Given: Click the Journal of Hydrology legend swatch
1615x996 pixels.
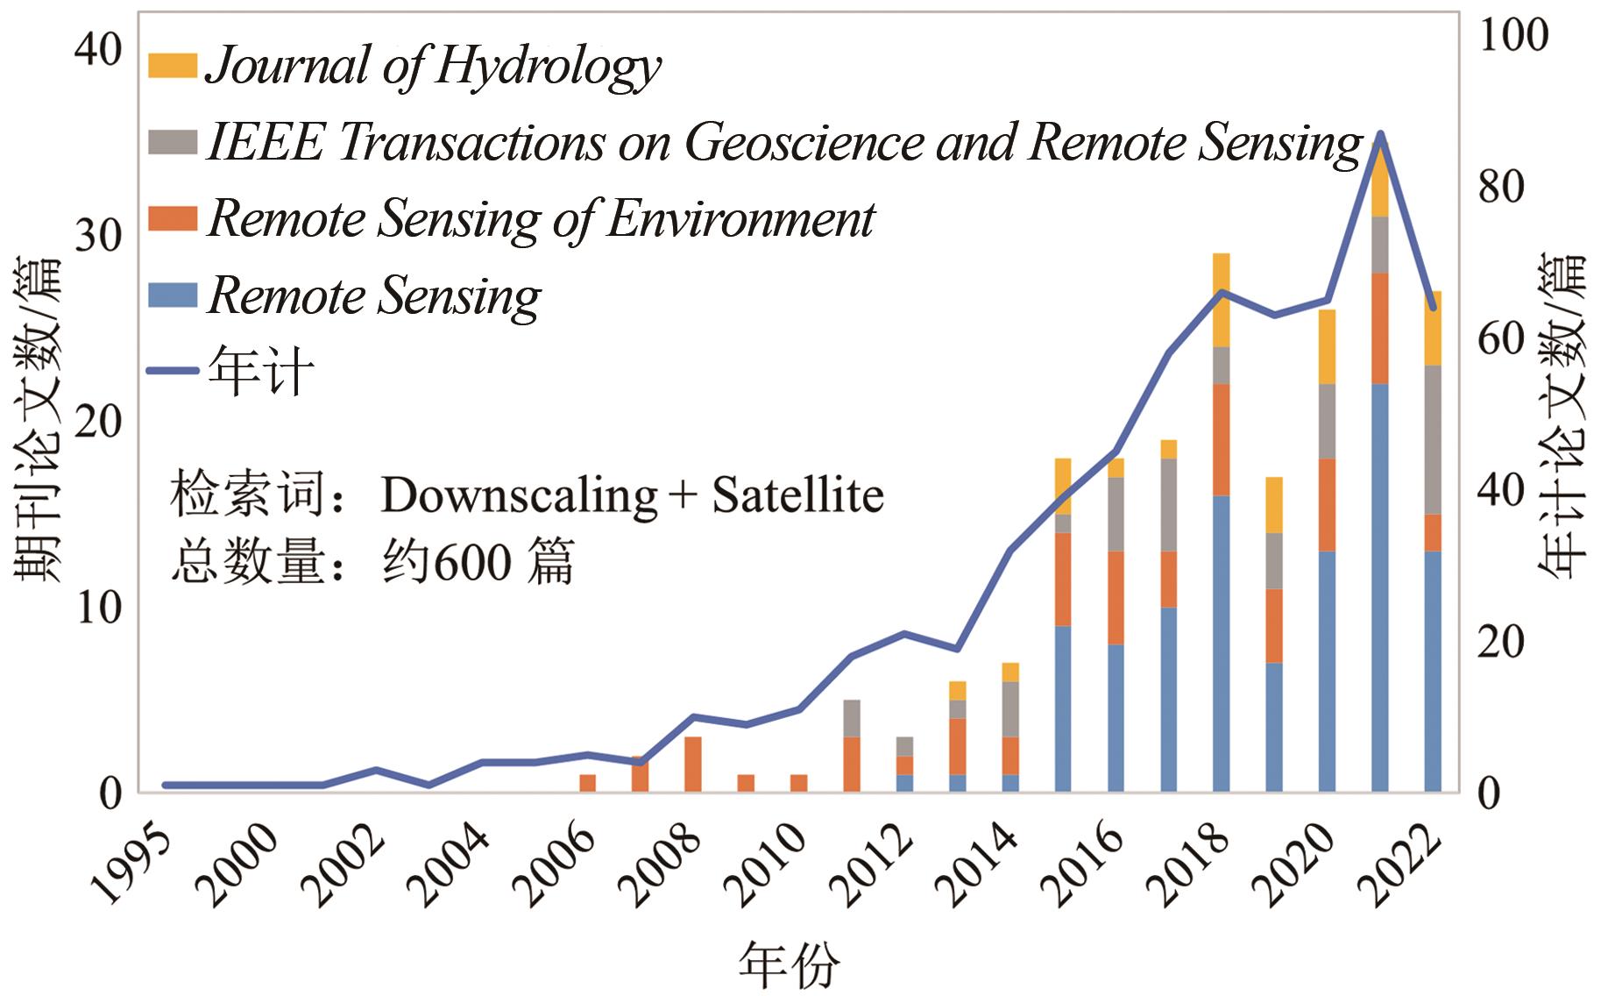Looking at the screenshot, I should (172, 66).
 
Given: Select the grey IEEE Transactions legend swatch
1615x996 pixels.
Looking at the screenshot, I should (172, 142).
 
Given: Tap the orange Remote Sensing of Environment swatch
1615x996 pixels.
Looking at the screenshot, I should (172, 218).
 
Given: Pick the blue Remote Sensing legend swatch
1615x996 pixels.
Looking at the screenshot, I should (172, 295).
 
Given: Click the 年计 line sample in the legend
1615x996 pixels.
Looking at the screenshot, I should (172, 372).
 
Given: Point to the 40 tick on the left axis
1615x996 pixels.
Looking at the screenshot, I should (98, 50).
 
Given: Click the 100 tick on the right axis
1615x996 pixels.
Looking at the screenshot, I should (1512, 35).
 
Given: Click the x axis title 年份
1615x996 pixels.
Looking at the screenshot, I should (788, 964).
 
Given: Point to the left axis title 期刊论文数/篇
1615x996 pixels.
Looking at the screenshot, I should (37, 419).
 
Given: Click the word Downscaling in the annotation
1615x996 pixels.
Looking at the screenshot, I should (519, 495).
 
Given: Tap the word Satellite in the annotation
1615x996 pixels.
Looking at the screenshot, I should (797, 495).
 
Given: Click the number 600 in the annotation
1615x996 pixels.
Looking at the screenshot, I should (472, 561).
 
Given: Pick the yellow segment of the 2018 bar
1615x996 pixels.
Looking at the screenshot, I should (1221, 300).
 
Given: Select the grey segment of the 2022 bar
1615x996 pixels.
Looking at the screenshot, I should (1432, 439).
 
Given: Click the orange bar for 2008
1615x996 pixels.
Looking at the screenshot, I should (692, 764).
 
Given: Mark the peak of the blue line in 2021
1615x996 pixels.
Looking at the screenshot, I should (1379, 134).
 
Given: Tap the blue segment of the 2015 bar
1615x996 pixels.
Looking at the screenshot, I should (1063, 708).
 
